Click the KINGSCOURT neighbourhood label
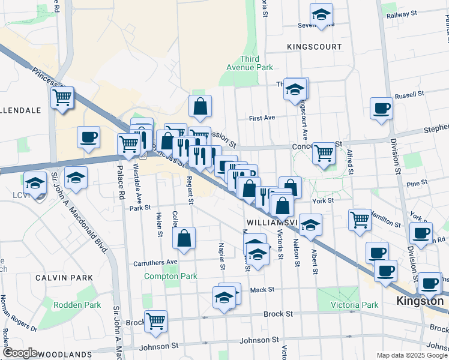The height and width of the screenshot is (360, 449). click(314, 47)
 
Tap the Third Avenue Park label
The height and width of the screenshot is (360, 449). click(256, 63)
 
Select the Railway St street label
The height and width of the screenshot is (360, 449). click(402, 15)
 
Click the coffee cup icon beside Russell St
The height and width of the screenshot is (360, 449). click(381, 109)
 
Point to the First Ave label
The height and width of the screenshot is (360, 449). click(262, 118)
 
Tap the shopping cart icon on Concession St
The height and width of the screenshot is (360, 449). click(324, 154)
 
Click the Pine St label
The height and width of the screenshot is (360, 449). click(417, 182)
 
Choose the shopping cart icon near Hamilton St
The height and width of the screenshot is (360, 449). click(360, 219)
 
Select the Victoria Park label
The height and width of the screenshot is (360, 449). click(355, 305)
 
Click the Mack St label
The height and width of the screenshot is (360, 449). click(262, 289)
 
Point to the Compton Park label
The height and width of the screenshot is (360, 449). click(170, 277)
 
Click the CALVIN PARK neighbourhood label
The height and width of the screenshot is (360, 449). click(64, 278)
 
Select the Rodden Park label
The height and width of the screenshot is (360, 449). click(77, 305)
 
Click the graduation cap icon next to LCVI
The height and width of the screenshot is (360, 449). click(35, 182)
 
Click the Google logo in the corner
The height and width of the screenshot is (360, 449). click(19, 353)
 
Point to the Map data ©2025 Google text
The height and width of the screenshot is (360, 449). click(411, 355)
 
